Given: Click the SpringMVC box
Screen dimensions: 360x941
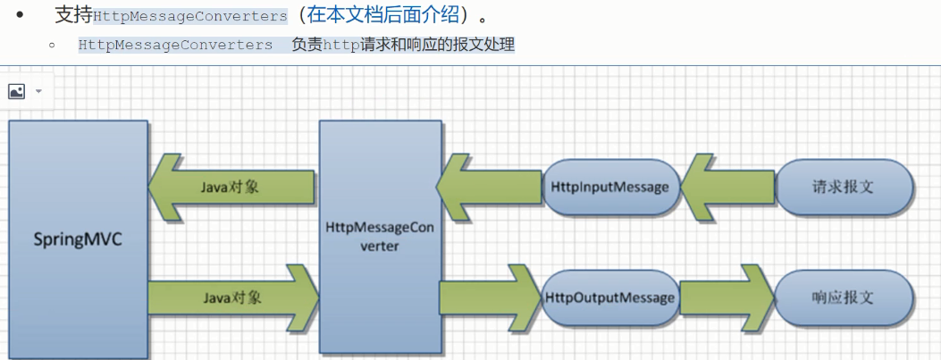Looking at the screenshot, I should point(78,240).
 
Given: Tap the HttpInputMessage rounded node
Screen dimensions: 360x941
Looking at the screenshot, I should point(611,187).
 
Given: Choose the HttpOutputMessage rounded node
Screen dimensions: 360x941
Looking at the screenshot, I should point(611,297).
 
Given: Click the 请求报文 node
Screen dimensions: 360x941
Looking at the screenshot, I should point(844,187).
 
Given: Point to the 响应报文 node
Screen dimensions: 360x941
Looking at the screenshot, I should point(844,297).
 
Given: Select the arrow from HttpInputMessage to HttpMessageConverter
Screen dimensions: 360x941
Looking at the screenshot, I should point(487,187).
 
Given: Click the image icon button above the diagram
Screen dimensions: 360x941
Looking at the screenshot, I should point(16,91).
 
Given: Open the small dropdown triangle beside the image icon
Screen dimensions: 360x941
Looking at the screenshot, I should point(38,91).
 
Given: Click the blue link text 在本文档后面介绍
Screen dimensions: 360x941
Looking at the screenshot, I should point(383,15).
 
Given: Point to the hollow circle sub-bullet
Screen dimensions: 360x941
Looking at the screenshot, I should point(53,44).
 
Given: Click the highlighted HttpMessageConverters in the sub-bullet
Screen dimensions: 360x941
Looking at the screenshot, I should point(175,44).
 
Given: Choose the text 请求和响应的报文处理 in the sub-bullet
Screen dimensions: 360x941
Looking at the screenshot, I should point(438,44).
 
